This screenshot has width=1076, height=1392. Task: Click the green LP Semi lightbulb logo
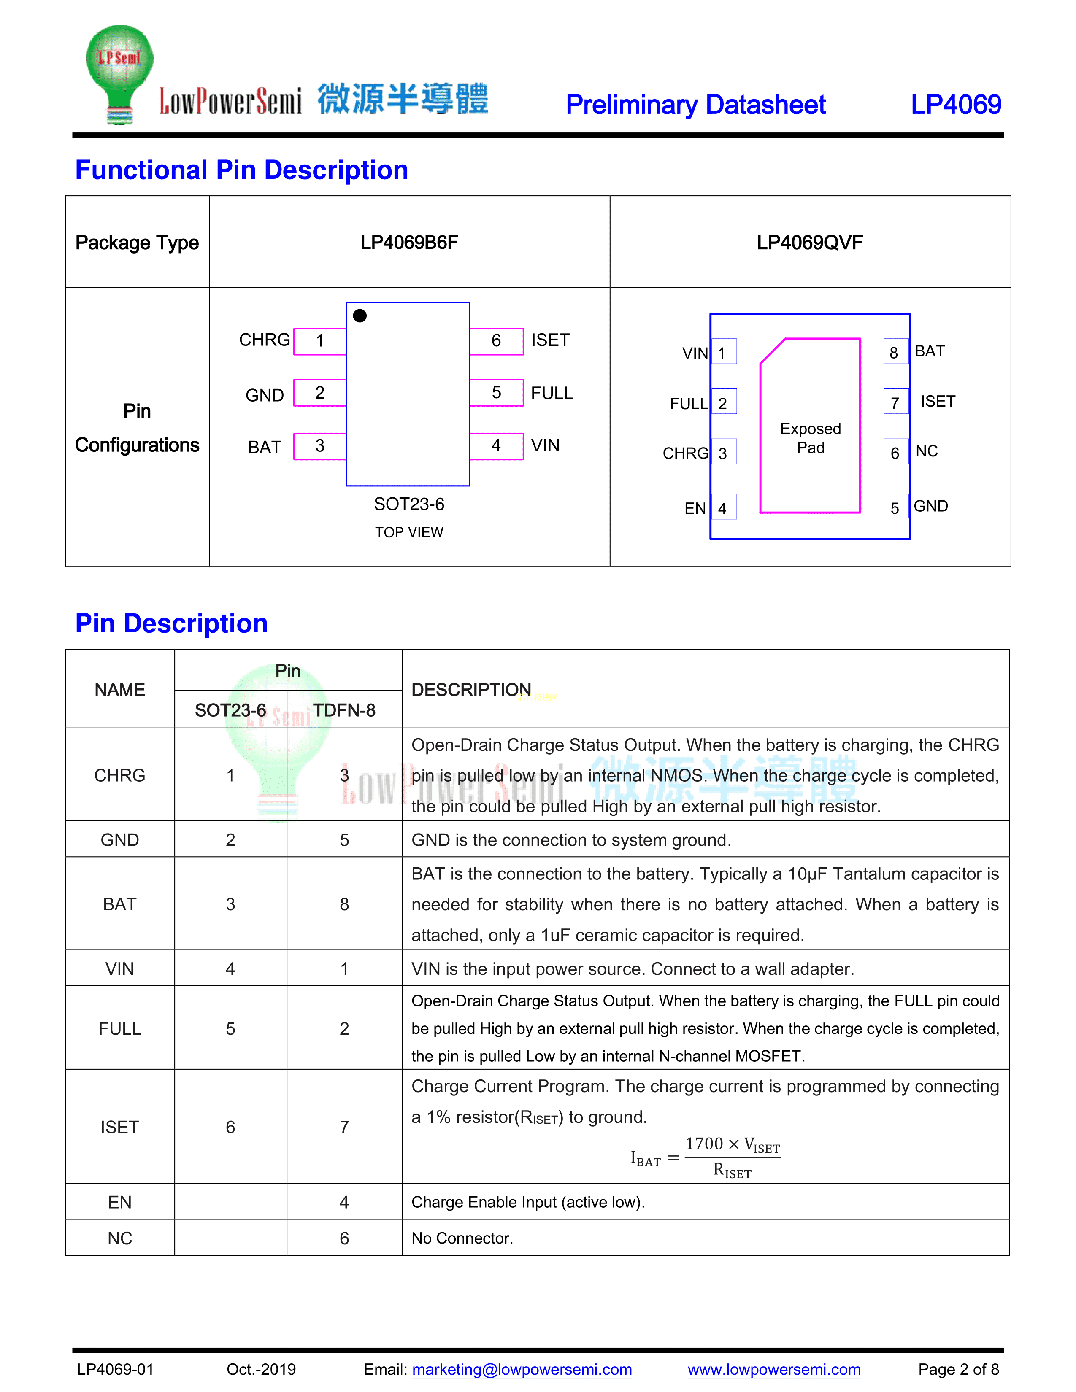point(119,73)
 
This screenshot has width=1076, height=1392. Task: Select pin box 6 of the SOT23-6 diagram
point(496,341)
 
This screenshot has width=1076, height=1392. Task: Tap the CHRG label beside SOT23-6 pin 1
point(264,340)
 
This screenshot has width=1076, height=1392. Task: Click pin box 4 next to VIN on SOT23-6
point(496,445)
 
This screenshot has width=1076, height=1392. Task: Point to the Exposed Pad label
point(810,438)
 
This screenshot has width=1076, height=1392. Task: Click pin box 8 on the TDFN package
point(894,353)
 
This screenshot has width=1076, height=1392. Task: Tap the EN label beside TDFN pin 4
point(695,508)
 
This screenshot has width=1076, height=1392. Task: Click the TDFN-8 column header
point(344,710)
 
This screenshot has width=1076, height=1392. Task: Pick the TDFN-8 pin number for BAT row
point(344,904)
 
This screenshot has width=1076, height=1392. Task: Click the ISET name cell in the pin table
point(120,1127)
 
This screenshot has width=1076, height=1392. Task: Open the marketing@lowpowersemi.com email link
point(522,1369)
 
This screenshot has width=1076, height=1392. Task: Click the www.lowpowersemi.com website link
point(774,1369)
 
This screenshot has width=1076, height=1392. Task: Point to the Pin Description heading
point(171,623)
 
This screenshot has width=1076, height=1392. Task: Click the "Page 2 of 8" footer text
point(958,1369)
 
